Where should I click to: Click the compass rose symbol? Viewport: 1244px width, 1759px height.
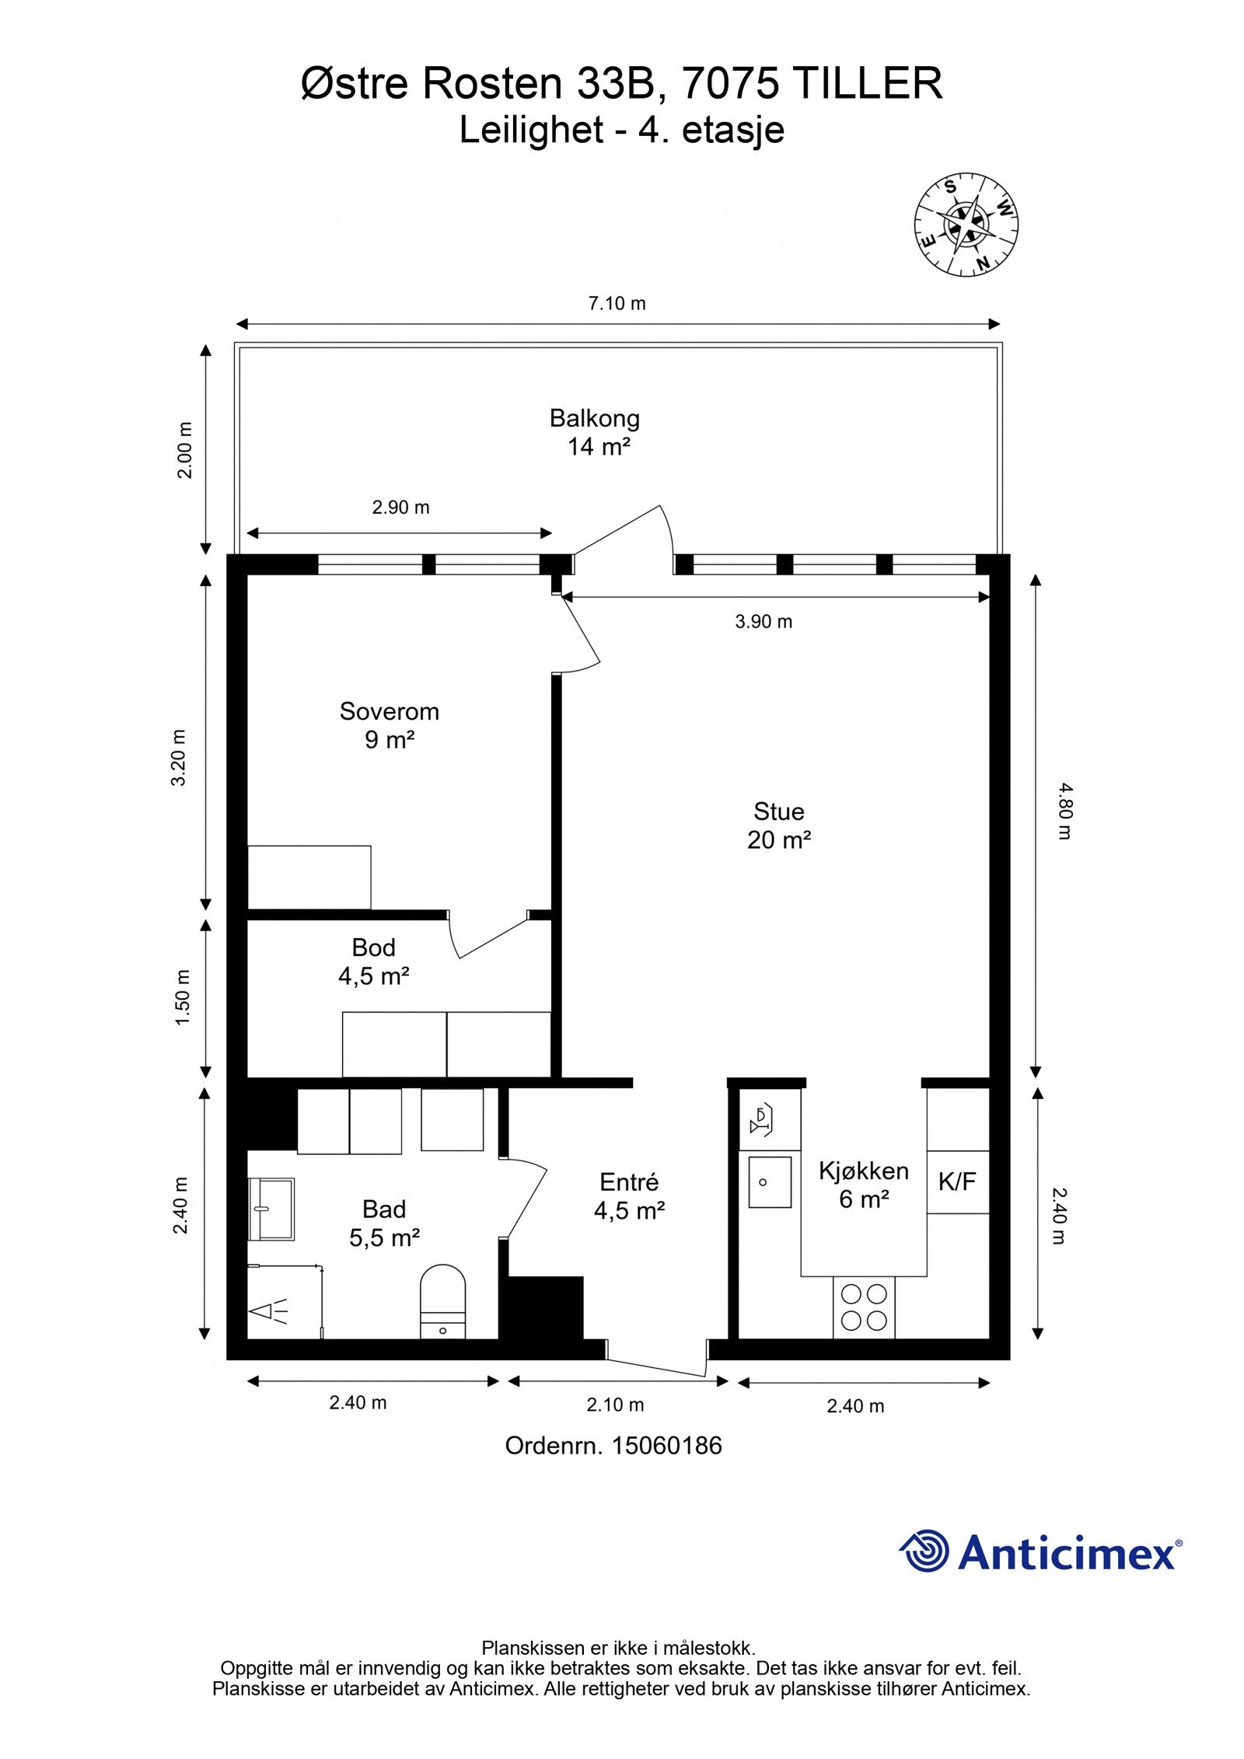pos(966,224)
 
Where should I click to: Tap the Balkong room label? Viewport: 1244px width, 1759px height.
pos(595,432)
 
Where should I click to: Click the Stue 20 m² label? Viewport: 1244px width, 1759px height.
pos(779,825)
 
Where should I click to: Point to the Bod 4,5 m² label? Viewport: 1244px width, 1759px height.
pos(374,962)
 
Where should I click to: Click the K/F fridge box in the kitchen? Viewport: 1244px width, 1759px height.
pos(958,1181)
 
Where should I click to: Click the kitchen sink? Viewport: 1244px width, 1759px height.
pos(770,1182)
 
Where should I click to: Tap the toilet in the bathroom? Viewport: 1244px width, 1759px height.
pos(442,1301)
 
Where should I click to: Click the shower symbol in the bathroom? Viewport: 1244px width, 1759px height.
pos(269,1311)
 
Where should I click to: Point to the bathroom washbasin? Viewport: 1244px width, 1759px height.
pos(271,1209)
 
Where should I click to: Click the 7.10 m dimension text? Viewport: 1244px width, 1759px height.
pos(617,303)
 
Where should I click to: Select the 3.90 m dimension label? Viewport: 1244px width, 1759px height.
pos(764,621)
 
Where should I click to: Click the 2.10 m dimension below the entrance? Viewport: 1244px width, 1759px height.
pos(616,1405)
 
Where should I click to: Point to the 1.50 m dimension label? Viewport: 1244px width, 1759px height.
pos(182,997)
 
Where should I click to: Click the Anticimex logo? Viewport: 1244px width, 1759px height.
pos(1041,1553)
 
